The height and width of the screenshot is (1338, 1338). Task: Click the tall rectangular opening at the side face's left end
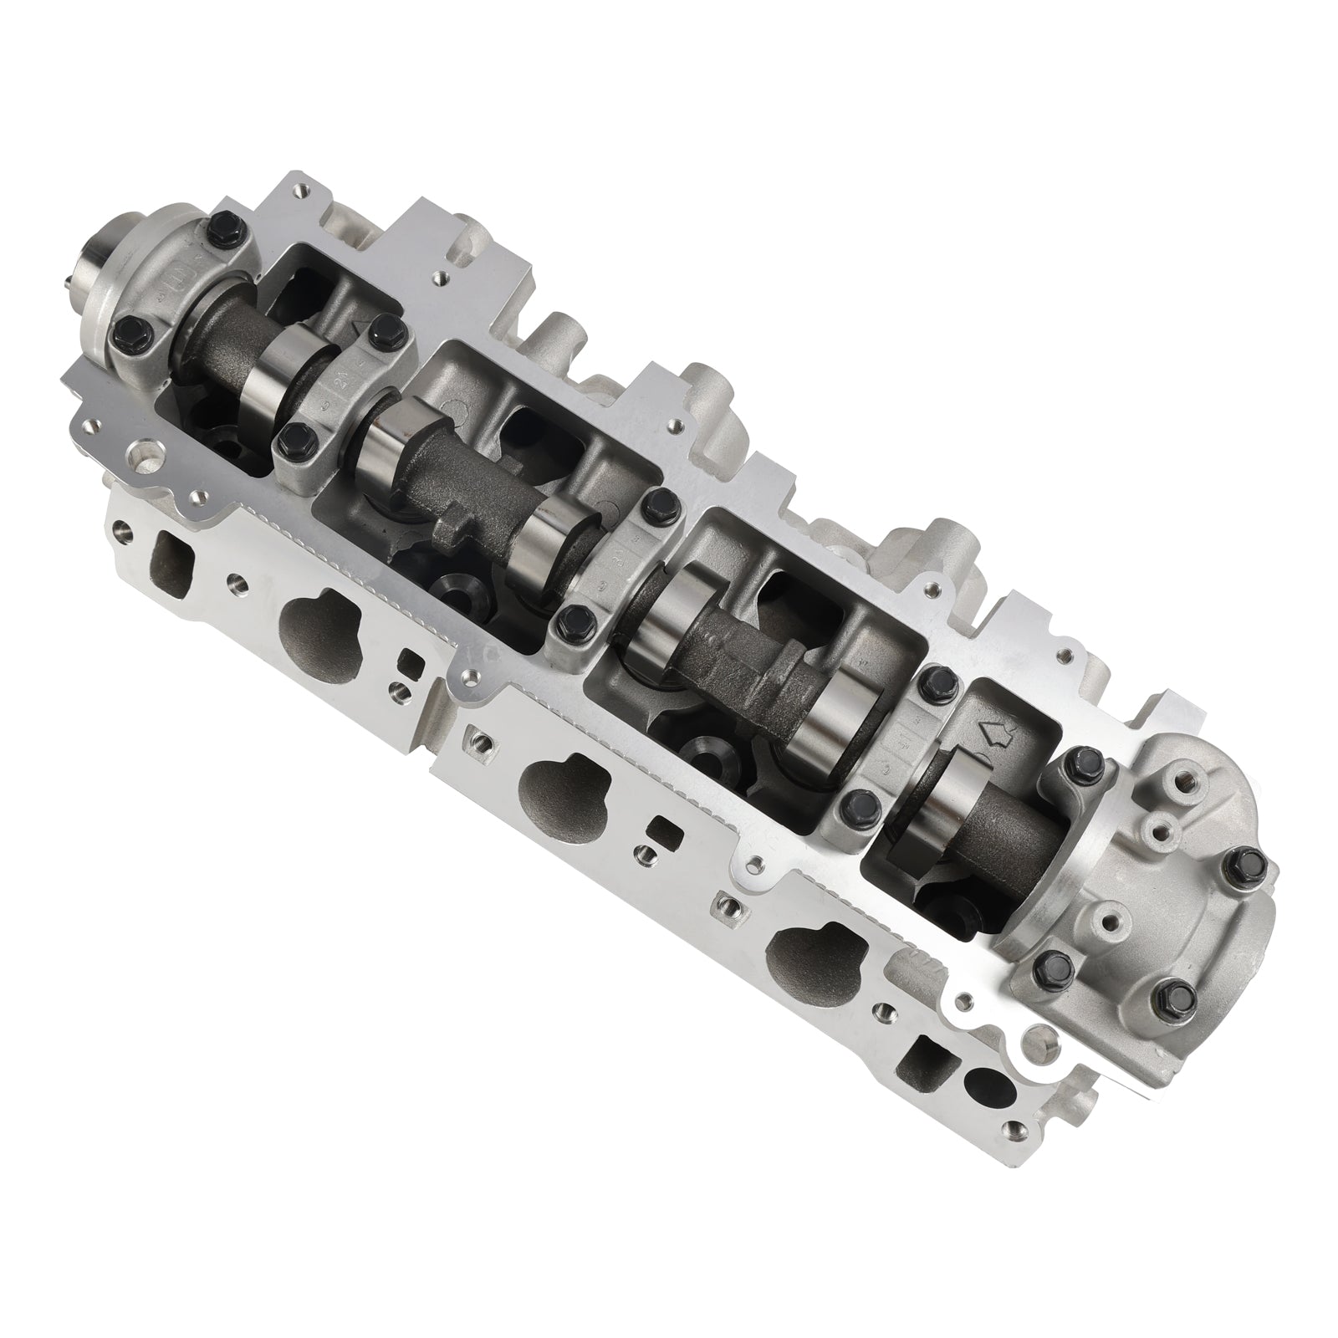pyautogui.click(x=170, y=552)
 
